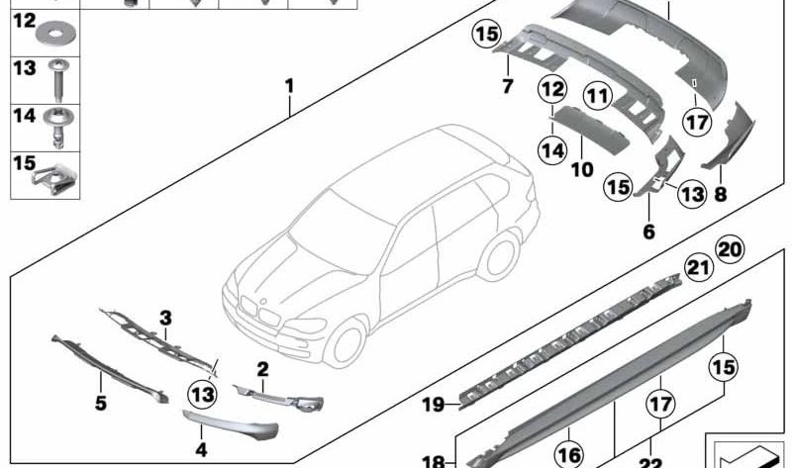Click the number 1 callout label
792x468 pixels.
point(289,86)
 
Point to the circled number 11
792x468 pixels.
point(596,97)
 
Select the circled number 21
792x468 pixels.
point(699,266)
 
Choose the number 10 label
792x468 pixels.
point(581,169)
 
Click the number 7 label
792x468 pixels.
point(508,86)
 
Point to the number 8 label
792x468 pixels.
point(720,195)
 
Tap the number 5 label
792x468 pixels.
point(100,404)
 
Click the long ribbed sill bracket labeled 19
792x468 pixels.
point(574,336)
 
